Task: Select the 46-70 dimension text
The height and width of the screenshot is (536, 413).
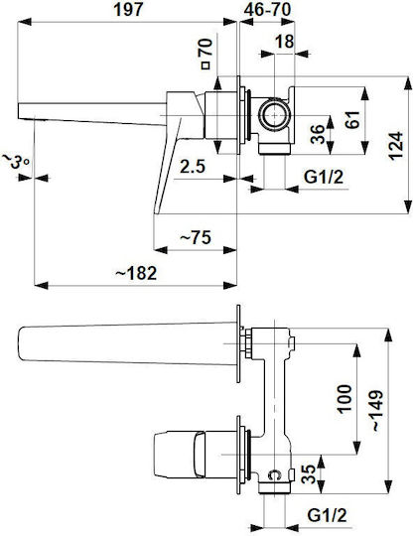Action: click(x=267, y=10)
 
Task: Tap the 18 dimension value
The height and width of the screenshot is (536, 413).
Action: click(x=284, y=42)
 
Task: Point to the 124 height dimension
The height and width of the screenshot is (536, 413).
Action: click(x=396, y=146)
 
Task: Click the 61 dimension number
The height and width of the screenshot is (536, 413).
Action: click(x=352, y=119)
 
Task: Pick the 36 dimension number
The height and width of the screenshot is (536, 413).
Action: click(x=318, y=134)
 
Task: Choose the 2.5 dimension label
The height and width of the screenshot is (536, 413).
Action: click(x=193, y=167)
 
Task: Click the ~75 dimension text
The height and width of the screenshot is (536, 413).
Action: click(x=196, y=237)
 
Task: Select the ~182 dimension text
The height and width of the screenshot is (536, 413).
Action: click(x=136, y=273)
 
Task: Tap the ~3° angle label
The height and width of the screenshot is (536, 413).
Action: click(x=16, y=162)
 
